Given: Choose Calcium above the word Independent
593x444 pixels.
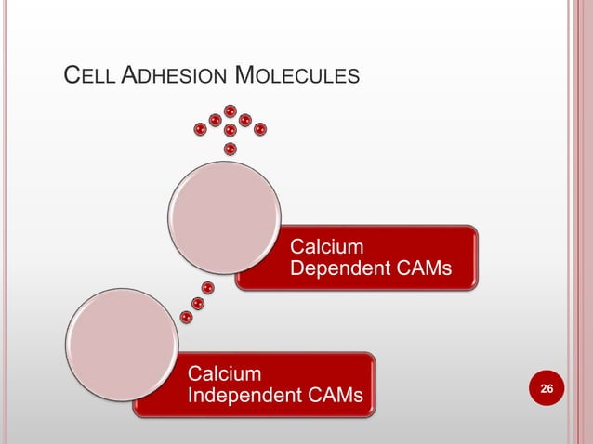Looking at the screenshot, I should [224, 374].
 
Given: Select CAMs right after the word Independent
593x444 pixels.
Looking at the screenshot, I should [336, 397].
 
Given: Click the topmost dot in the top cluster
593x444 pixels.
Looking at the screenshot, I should [230, 112].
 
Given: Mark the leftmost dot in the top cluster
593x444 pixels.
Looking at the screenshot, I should [199, 129].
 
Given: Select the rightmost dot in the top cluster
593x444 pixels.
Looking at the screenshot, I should [260, 128].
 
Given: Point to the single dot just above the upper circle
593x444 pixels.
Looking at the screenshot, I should [230, 148].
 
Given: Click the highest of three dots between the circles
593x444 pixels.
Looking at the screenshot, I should [207, 287].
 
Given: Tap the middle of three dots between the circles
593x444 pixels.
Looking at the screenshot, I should [197, 303].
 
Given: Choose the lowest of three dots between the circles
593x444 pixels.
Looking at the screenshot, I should [187, 318].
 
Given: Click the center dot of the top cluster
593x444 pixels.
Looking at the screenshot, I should [230, 130].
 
